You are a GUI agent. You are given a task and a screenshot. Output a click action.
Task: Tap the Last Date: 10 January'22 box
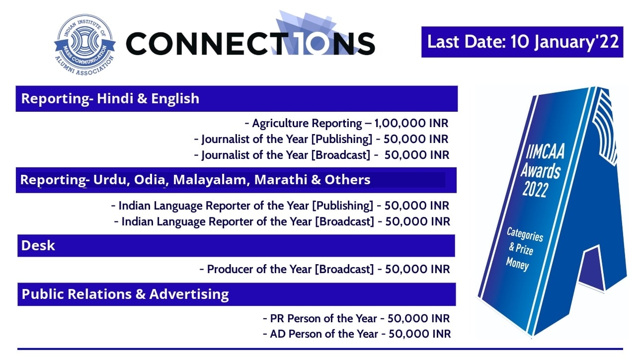click(522, 42)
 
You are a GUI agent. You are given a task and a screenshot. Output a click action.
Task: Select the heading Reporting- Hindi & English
click(110, 98)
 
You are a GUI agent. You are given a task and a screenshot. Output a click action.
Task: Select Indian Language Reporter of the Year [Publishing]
click(281, 206)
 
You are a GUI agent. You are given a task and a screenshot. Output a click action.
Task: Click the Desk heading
click(38, 245)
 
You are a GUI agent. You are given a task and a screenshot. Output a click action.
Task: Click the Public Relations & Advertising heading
click(125, 294)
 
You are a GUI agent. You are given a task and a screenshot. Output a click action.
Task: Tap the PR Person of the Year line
click(357, 318)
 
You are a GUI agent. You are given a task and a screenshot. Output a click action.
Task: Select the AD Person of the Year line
click(357, 334)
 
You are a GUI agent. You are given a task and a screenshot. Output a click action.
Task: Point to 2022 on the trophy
click(535, 189)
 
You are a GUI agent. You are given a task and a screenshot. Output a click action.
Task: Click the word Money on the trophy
click(518, 264)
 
